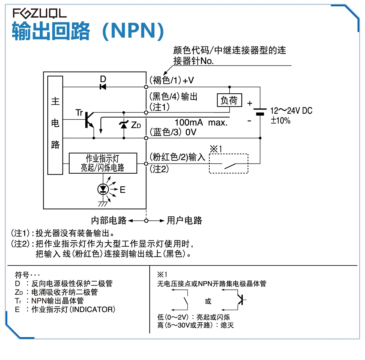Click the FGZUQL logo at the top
point(40,13)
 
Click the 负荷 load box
point(229,100)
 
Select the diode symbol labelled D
point(103,87)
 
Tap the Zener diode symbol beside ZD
point(124,125)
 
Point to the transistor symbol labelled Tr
point(89,120)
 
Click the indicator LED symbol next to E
point(103,189)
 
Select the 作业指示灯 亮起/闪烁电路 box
point(103,163)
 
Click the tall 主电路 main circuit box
point(55,125)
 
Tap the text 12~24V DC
point(291,111)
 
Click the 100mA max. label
point(201,122)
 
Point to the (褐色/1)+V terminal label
point(172,80)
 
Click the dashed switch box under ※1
point(228,163)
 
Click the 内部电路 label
point(109,220)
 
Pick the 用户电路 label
point(184,220)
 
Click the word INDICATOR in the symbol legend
point(92,309)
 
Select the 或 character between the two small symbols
point(208,301)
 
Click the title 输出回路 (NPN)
point(88,31)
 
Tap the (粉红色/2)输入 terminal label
point(178,157)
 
